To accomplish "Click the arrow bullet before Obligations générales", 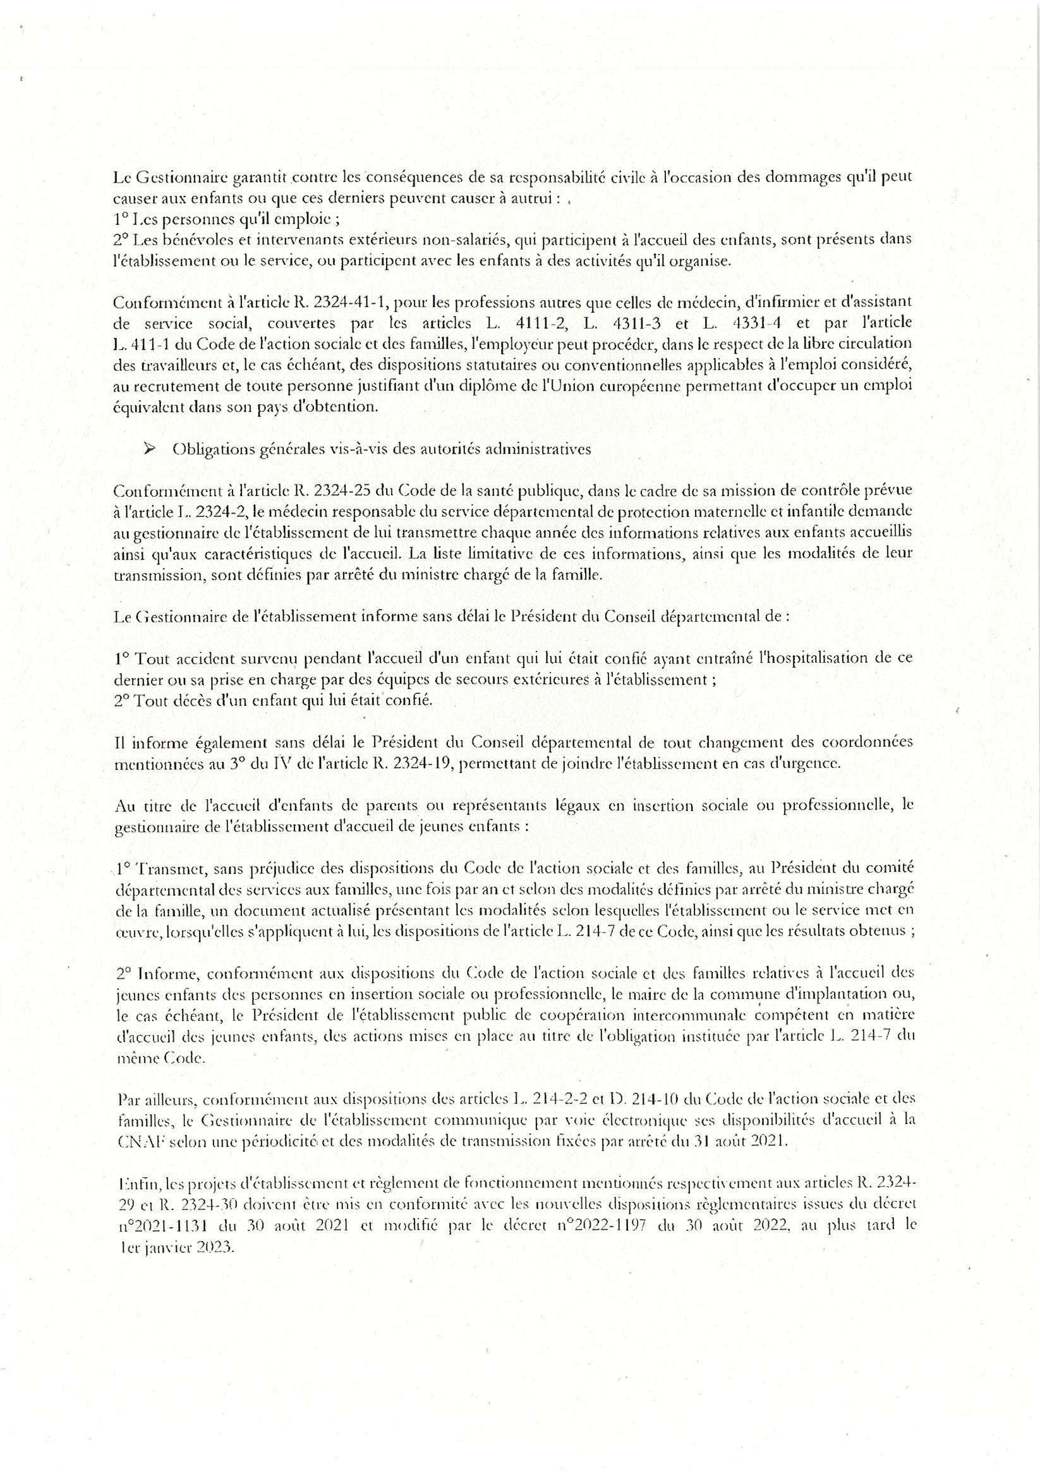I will tap(151, 450).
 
